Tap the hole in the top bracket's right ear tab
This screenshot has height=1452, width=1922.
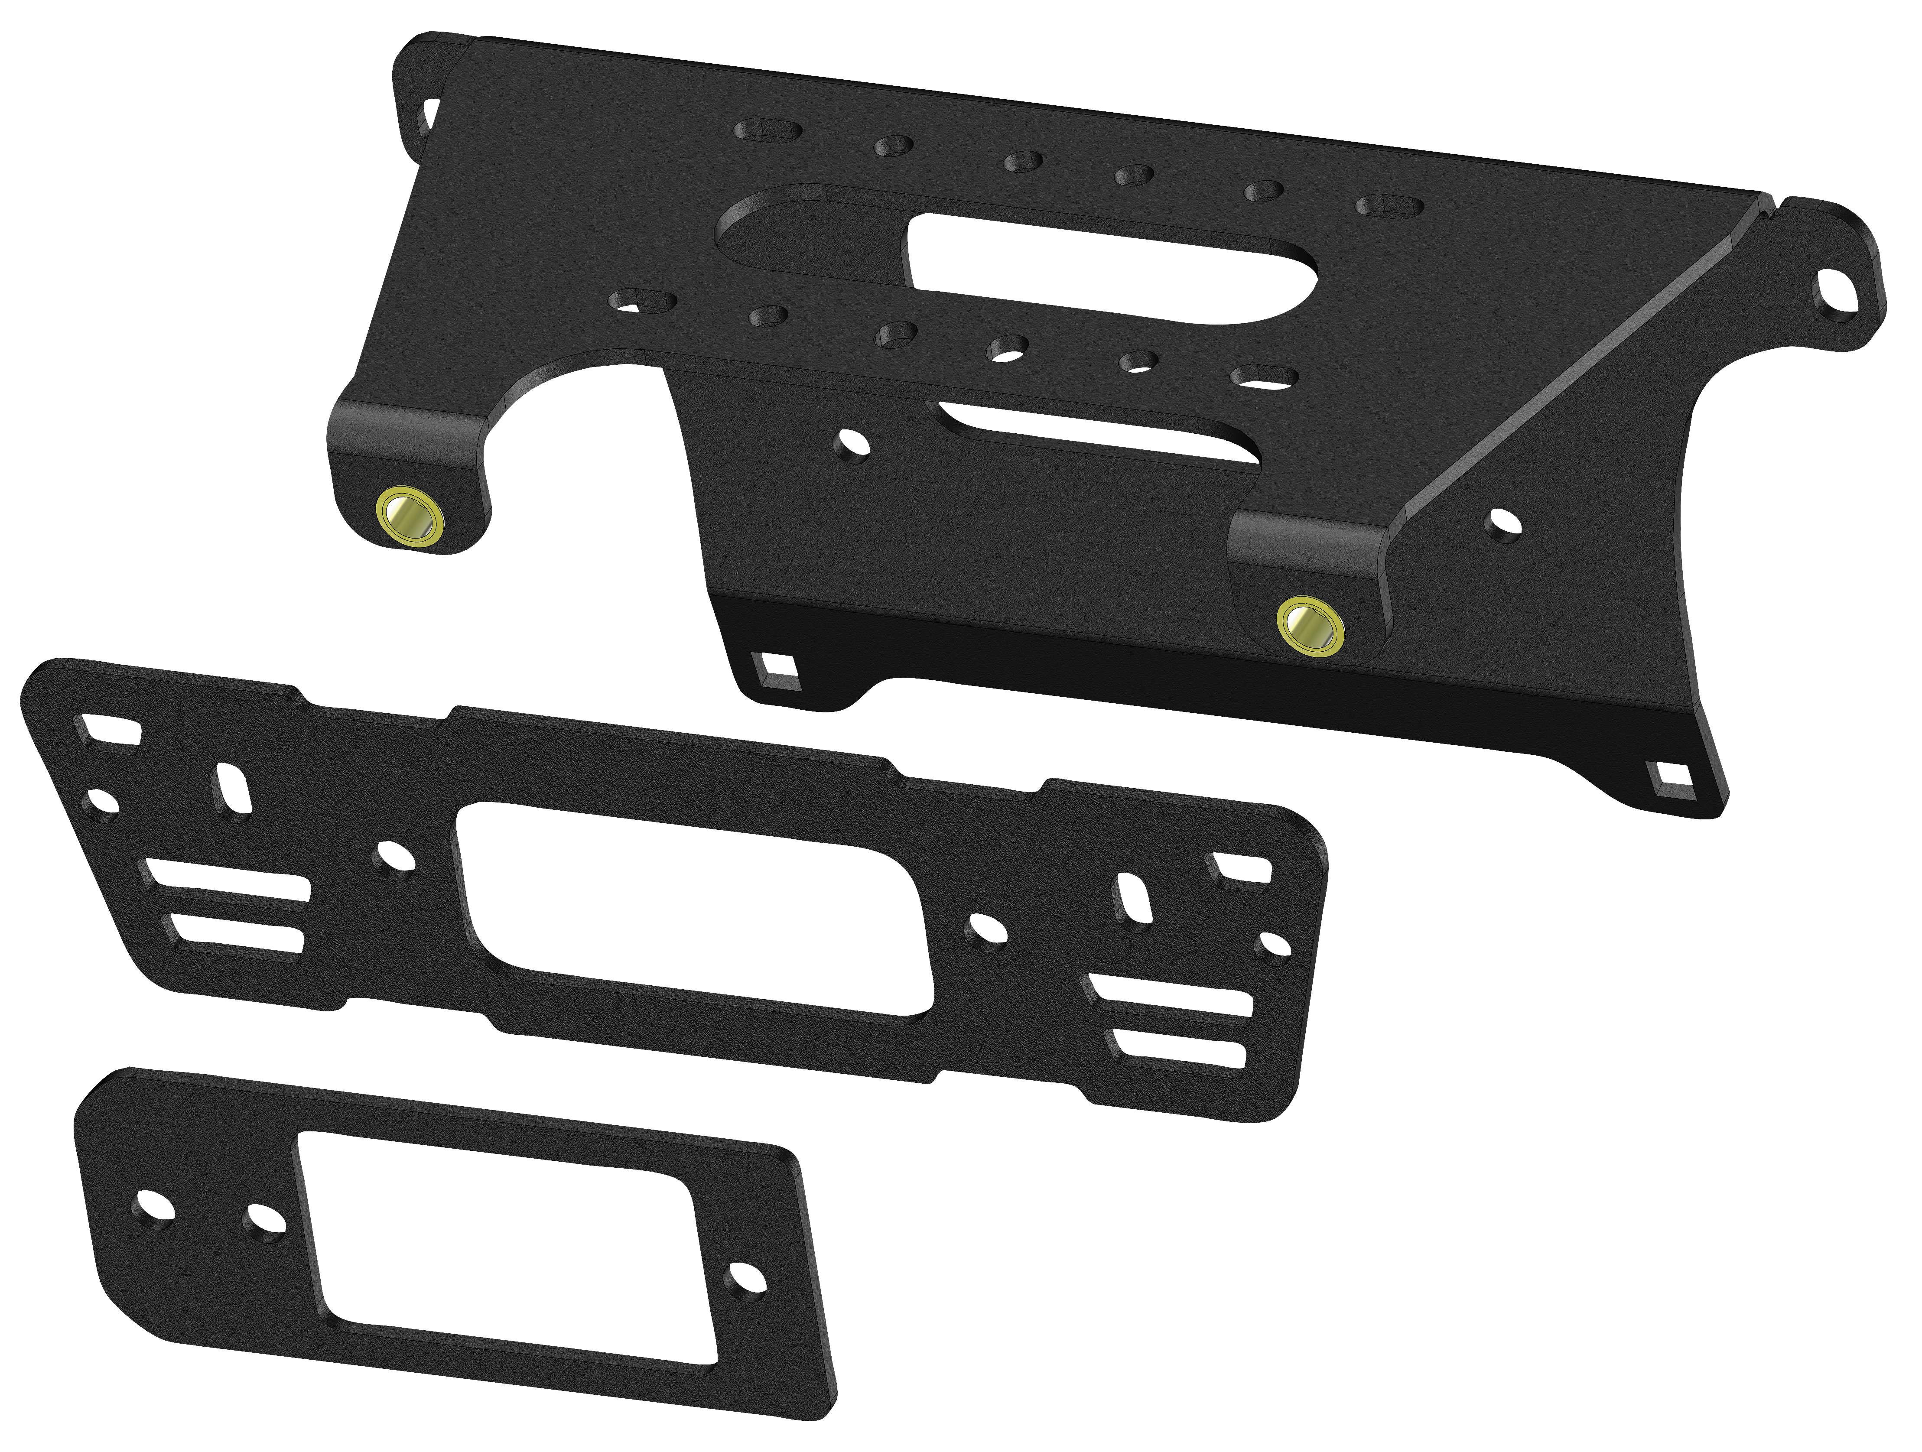coord(1827,309)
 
